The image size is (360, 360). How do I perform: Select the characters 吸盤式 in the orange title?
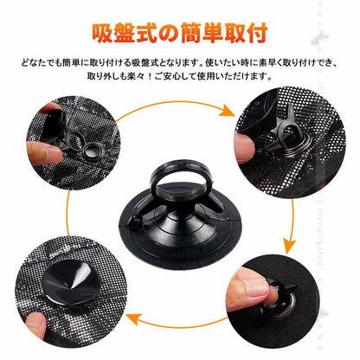pyautogui.click(x=126, y=32)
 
